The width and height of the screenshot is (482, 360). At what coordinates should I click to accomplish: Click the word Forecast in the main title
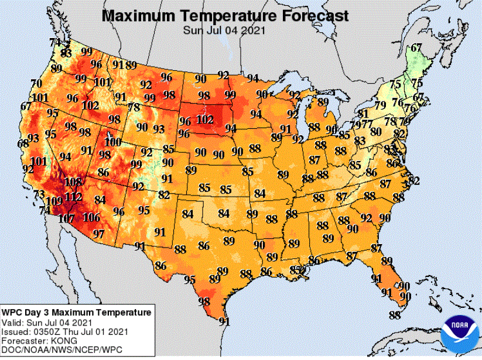click(x=308, y=16)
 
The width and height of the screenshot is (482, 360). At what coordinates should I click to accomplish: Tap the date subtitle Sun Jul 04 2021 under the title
click(x=224, y=30)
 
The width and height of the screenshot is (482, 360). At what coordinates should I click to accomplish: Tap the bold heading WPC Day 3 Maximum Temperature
click(x=76, y=313)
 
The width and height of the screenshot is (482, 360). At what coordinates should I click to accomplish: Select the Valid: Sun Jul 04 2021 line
click(x=47, y=323)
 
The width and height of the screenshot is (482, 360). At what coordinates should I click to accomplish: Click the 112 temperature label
click(x=73, y=196)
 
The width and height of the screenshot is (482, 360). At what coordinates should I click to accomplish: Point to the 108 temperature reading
click(x=73, y=182)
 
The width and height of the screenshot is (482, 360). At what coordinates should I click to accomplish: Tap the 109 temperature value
click(x=54, y=202)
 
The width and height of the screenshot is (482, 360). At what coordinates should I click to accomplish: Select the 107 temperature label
click(x=66, y=219)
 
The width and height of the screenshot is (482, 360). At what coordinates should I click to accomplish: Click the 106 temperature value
click(x=91, y=217)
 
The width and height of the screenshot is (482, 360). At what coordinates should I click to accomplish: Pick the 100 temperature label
click(x=112, y=142)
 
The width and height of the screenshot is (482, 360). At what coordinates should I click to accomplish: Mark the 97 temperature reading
click(x=98, y=234)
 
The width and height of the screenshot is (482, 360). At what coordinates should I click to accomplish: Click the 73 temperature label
click(x=39, y=194)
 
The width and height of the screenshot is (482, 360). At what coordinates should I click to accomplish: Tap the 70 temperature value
click(x=36, y=83)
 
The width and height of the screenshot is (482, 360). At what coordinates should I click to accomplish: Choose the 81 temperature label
click(x=363, y=114)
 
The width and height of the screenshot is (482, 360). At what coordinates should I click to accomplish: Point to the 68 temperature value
click(x=23, y=143)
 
